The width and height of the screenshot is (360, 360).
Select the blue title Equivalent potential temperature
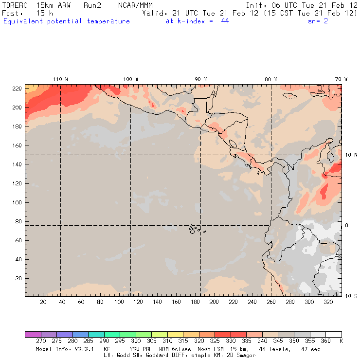coord(67,21)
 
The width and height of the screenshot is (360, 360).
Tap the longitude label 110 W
coord(60,79)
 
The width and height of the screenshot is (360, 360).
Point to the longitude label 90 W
coord(200,79)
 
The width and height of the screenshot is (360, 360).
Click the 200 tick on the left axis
coord(17,107)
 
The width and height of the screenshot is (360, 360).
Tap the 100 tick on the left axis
coord(17,202)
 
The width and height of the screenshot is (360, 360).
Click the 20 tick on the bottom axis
coord(43,302)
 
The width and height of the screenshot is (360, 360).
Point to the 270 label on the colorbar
coord(40,341)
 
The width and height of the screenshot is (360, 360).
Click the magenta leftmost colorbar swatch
coord(33,334)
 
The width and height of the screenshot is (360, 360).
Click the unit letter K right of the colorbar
coord(341,341)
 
